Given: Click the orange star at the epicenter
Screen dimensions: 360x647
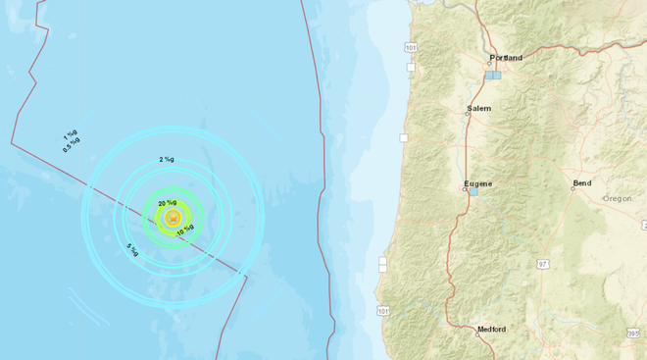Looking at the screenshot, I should tap(173, 218).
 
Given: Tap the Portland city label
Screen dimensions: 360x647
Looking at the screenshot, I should tap(506, 58).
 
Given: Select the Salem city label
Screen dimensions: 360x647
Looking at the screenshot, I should tap(479, 108).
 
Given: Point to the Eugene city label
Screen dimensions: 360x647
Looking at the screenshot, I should tap(477, 183).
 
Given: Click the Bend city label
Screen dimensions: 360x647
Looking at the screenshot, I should tap(582, 183).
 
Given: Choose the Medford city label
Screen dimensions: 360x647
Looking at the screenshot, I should tap(491, 330).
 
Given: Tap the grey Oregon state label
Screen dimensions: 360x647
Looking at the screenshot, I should tap(618, 198).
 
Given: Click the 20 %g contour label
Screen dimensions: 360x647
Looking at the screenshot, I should tap(167, 203).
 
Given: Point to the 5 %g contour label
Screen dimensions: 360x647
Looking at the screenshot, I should tap(132, 251).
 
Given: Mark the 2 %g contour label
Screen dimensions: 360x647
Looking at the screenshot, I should tap(167, 159).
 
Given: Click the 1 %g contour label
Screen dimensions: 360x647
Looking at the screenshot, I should tap(71, 135).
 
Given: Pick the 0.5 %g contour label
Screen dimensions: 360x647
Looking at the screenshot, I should tap(71, 146).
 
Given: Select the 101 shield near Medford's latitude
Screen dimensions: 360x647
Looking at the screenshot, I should tap(383, 311).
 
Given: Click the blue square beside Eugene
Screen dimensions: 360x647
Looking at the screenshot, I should tap(474, 192).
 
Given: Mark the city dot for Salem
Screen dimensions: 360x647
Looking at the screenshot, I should tap(469, 114).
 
